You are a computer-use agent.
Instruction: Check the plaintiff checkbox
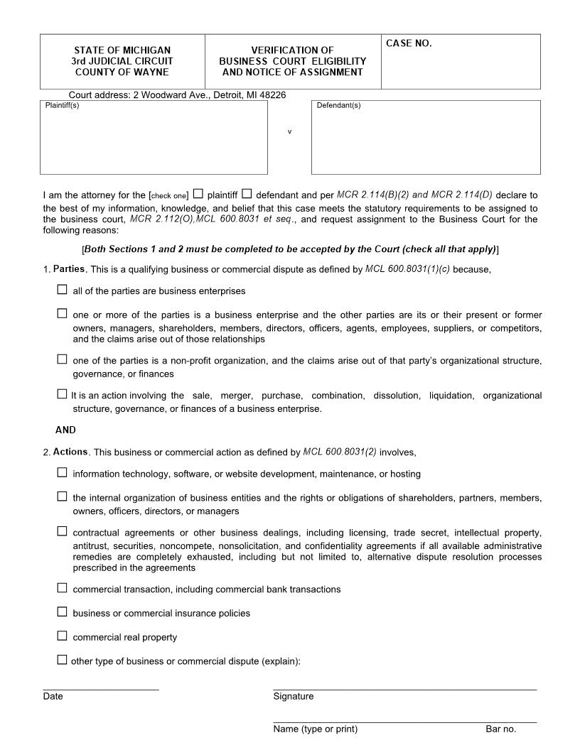pos(198,193)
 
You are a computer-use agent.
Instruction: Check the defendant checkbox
pos(247,193)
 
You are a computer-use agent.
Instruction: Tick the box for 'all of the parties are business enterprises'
pos(62,290)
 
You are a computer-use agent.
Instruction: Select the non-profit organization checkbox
pos(62,359)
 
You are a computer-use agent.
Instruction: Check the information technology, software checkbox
pos(62,472)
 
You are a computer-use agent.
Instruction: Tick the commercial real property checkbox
pos(62,636)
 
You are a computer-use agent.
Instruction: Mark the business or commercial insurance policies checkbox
pos(62,612)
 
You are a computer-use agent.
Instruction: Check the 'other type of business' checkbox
pos(62,660)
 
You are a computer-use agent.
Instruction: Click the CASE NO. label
pos(409,44)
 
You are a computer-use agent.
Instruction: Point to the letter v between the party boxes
pos(289,132)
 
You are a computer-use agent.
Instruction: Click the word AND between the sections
pos(65,430)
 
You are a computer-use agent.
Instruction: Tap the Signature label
pos(293,697)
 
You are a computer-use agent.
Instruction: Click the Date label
pos(53,697)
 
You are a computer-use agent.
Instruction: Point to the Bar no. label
pos(500,729)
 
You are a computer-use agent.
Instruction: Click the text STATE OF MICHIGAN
pos(122,50)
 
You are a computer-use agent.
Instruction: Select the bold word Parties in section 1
pos(69,269)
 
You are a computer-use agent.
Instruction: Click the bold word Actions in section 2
pos(70,452)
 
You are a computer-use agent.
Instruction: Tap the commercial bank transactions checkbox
pos(62,587)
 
